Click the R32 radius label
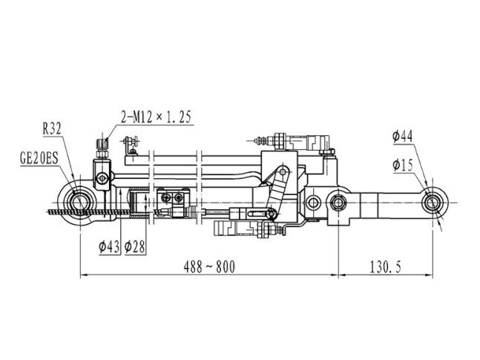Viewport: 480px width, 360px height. coord(52,129)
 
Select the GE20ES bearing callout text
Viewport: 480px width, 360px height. coord(39,159)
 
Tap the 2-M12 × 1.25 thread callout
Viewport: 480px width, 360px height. coord(156,117)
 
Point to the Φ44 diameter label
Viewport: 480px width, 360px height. coord(403,137)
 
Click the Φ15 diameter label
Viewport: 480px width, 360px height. coord(403,166)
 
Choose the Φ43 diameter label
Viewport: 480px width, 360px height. coord(109,247)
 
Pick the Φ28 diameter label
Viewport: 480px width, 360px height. coord(135,247)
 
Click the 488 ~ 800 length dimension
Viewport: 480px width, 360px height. coord(209,267)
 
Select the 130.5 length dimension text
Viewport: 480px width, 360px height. coord(385,267)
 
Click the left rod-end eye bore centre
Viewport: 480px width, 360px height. coord(80,203)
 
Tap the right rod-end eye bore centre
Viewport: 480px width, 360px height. coord(432,203)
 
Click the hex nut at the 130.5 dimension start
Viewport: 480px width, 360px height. coord(338,203)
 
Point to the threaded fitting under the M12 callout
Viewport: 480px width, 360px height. coord(102,148)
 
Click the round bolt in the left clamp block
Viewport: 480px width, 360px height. coord(102,178)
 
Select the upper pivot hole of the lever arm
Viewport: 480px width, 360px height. coord(283,171)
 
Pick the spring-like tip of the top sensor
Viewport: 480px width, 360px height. coord(261,140)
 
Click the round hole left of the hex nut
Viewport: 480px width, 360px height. coord(312,203)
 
